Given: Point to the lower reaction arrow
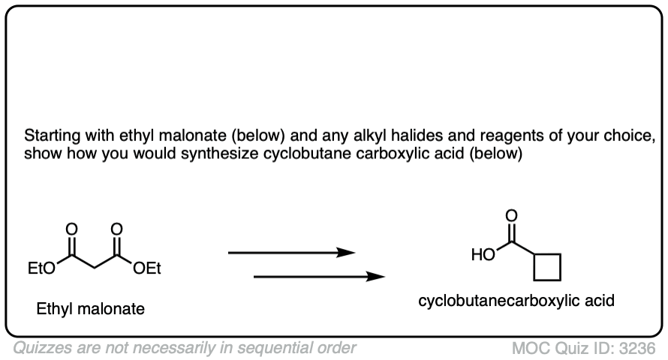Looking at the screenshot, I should pos(319,277).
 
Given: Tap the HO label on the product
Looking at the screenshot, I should pos(483,255).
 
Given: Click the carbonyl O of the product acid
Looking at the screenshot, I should pos(512,216).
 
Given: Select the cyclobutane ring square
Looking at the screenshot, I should pos(547,265).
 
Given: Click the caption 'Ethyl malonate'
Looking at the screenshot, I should pos(91,308).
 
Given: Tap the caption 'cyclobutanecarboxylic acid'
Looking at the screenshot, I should pos(517,301).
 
